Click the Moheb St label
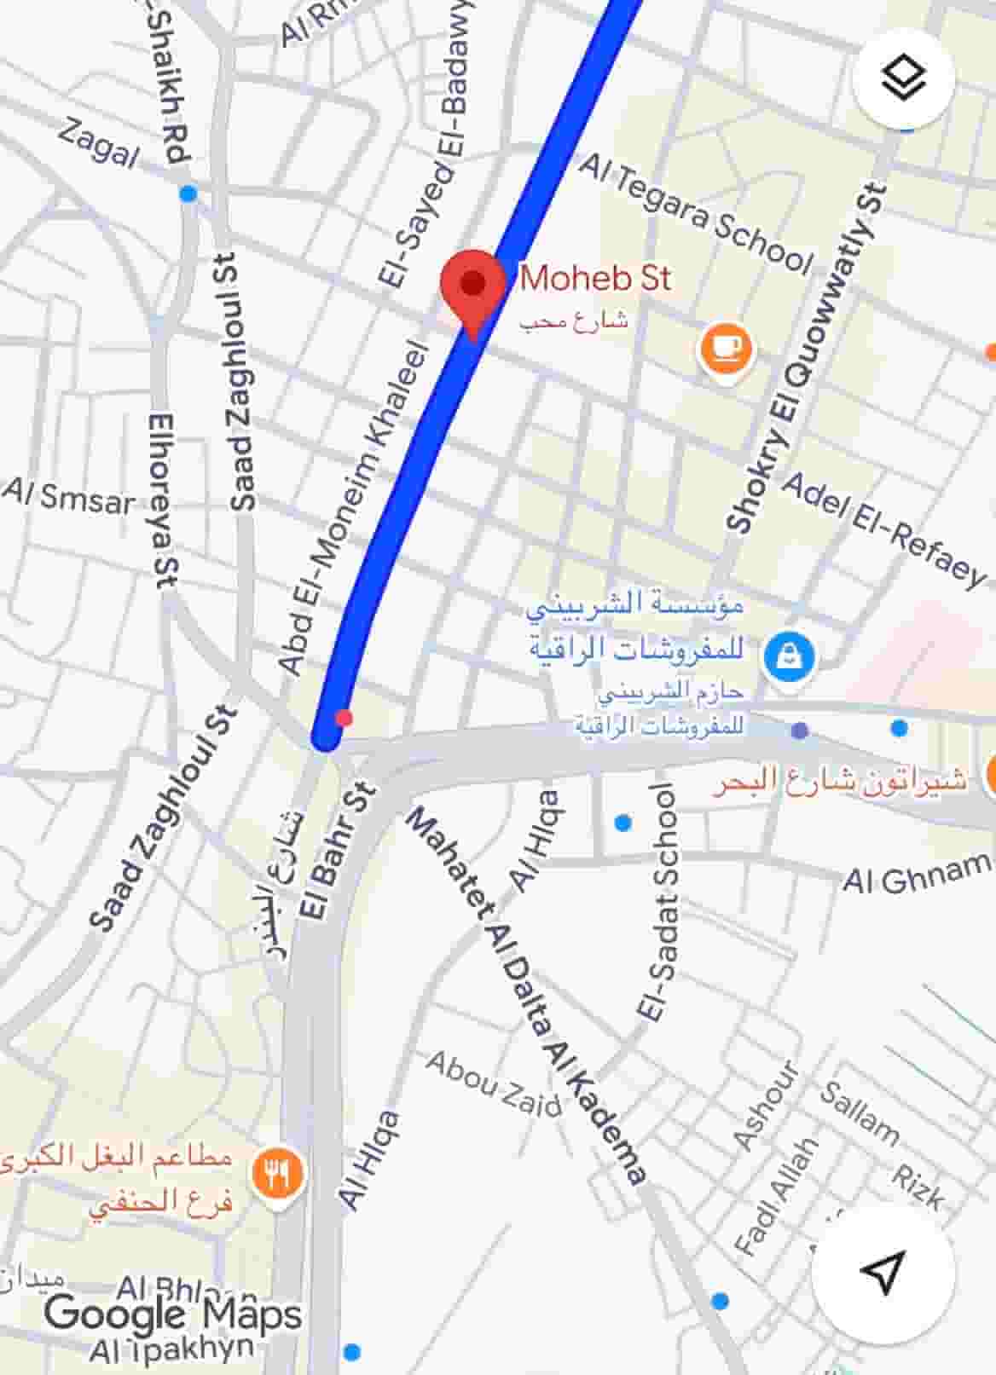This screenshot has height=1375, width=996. tap(595, 279)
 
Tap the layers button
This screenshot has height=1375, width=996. tap(903, 80)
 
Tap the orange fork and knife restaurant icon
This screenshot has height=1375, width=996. tap(278, 1175)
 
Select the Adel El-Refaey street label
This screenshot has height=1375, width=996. tap(883, 529)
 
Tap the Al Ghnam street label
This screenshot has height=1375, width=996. tap(918, 875)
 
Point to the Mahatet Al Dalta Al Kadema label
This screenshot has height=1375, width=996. tap(524, 994)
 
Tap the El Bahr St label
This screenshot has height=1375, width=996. tap(338, 852)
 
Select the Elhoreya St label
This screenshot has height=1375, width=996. tap(162, 500)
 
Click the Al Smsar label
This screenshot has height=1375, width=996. tap(70, 497)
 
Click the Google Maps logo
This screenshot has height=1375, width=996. tap(173, 1314)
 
